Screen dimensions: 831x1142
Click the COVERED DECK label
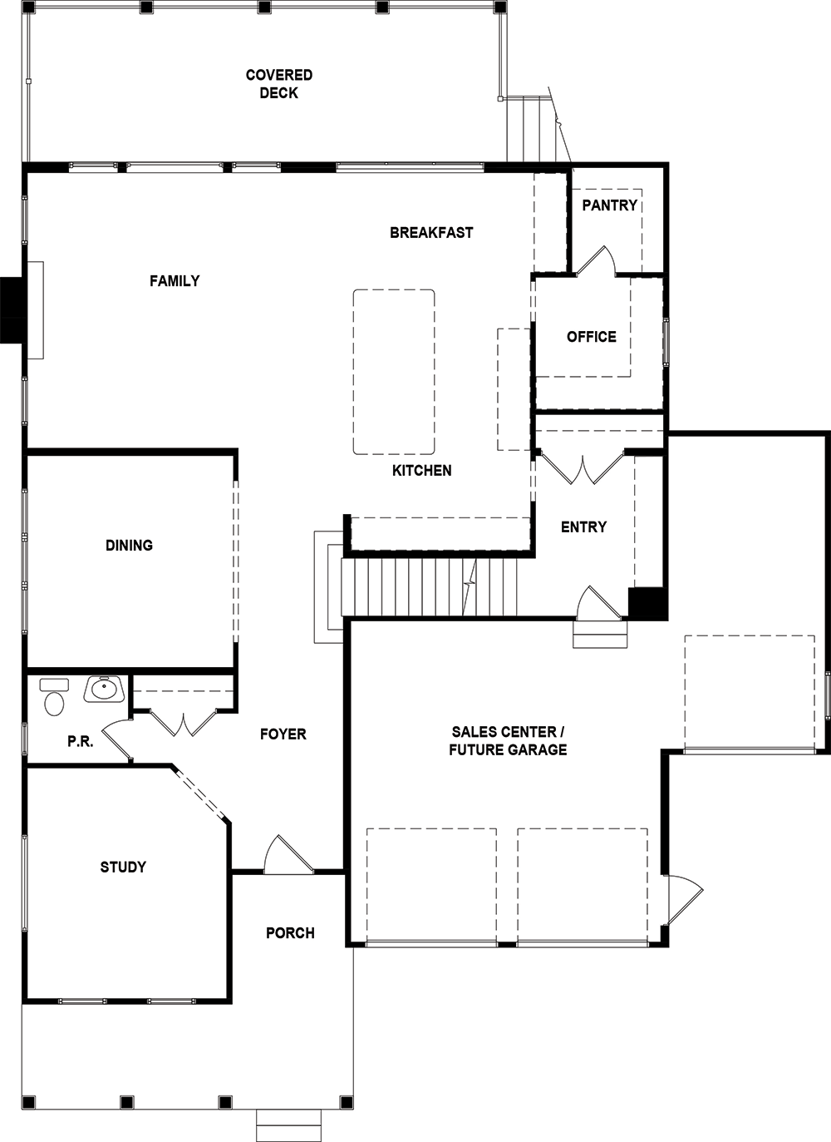tap(278, 84)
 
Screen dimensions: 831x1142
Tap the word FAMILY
tap(175, 281)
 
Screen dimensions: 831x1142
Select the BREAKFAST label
tap(431, 233)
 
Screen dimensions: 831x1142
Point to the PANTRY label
tap(609, 205)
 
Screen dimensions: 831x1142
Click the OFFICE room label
tap(592, 337)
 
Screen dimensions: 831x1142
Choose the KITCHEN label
tap(422, 471)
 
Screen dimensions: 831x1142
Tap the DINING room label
tap(129, 546)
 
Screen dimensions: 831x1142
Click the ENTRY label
tap(584, 527)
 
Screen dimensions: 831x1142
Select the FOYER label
tap(283, 734)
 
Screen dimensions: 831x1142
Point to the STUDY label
tap(123, 867)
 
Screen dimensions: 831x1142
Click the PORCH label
tap(290, 933)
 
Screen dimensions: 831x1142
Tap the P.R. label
tap(81, 742)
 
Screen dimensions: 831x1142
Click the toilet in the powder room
tap(54, 697)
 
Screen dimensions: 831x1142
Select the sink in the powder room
tap(105, 690)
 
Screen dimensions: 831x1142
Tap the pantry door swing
tap(595, 261)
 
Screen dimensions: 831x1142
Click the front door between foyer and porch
tap(288, 856)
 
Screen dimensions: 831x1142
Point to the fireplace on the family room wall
tap(22, 310)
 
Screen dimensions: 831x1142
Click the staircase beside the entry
tap(429, 588)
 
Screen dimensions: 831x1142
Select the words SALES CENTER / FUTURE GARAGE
tap(508, 741)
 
